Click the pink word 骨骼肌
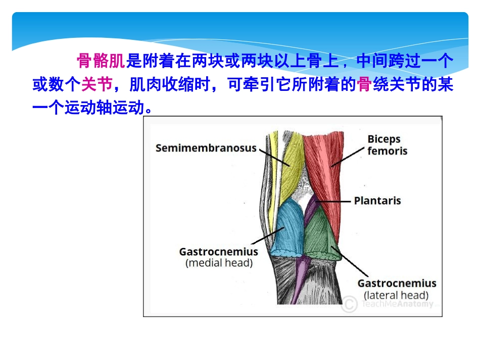(101, 61)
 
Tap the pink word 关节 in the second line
(97, 84)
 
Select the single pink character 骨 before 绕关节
(364, 84)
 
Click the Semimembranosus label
(206, 148)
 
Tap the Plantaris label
(377, 200)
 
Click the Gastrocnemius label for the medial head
(218, 251)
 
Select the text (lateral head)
(396, 295)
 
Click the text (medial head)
(218, 263)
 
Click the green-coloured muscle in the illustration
(321, 235)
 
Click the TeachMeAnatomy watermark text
(396, 304)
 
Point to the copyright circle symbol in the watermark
(349, 304)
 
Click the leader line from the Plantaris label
(333, 201)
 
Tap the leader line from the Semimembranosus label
(273, 156)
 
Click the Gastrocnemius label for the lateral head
(396, 283)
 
